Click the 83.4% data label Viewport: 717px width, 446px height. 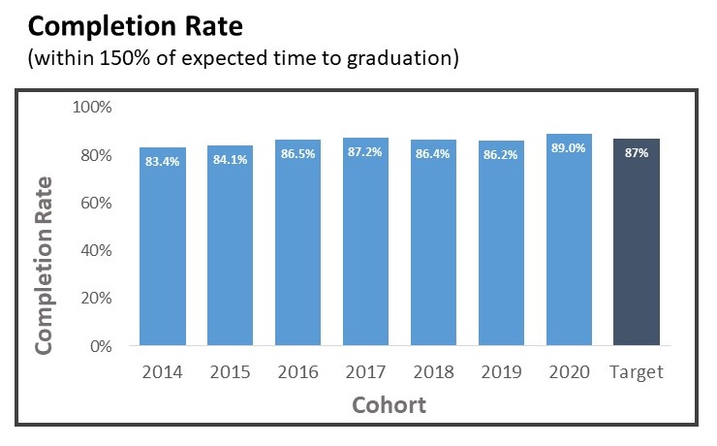coord(162,161)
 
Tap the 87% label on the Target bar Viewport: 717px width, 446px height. coord(637,152)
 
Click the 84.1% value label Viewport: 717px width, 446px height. coord(230,159)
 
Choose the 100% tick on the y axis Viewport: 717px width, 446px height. coord(94,107)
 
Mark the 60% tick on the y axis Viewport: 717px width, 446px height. coord(97,203)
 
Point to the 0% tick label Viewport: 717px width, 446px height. coord(102,346)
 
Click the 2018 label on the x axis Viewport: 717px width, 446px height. coord(433,372)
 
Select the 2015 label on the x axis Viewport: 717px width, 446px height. coord(230,372)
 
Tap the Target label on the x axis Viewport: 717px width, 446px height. coord(637,372)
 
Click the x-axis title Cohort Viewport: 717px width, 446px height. coord(390,403)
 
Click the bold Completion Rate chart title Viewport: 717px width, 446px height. coord(124,22)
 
